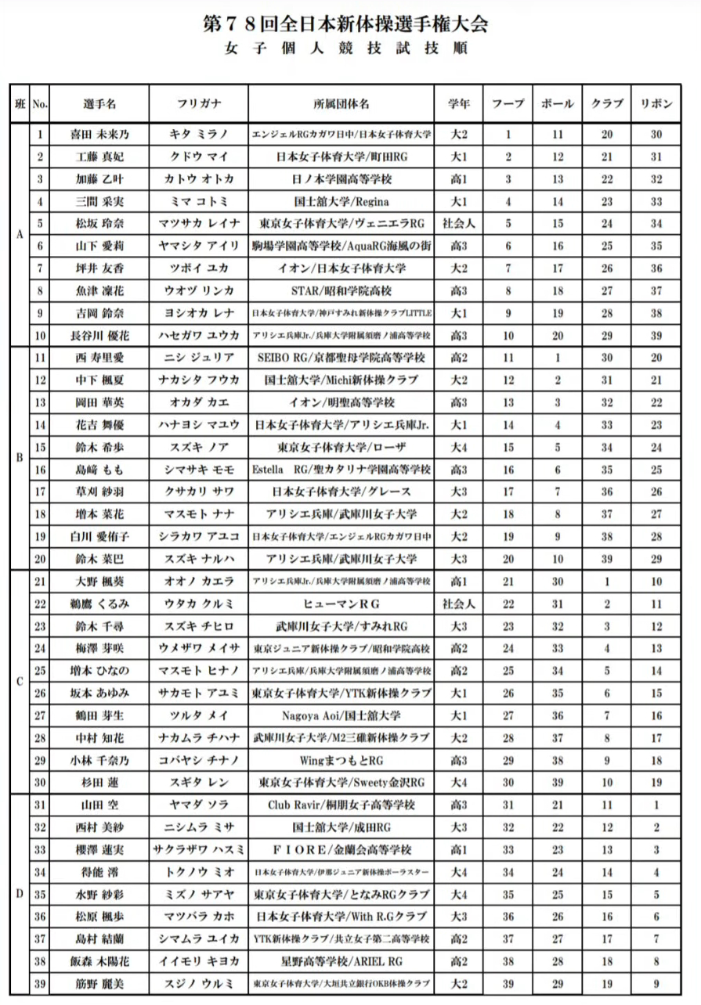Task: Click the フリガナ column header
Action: pos(199,103)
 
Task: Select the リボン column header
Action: pos(656,103)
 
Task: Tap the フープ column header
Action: pos(508,103)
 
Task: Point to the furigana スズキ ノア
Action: pos(199,448)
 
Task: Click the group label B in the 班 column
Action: pos(19,458)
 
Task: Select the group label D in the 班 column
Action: pos(19,893)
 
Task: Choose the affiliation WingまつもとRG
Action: pos(341,760)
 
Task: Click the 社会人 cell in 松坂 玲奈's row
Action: pos(459,224)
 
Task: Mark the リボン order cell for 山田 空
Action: pos(656,805)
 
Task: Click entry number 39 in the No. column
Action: pos(40,982)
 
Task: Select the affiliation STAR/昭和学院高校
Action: pos(341,290)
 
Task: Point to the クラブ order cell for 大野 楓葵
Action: pos(607,582)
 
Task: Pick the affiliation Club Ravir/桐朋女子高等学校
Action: pos(341,805)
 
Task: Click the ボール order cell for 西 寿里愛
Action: pos(558,358)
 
